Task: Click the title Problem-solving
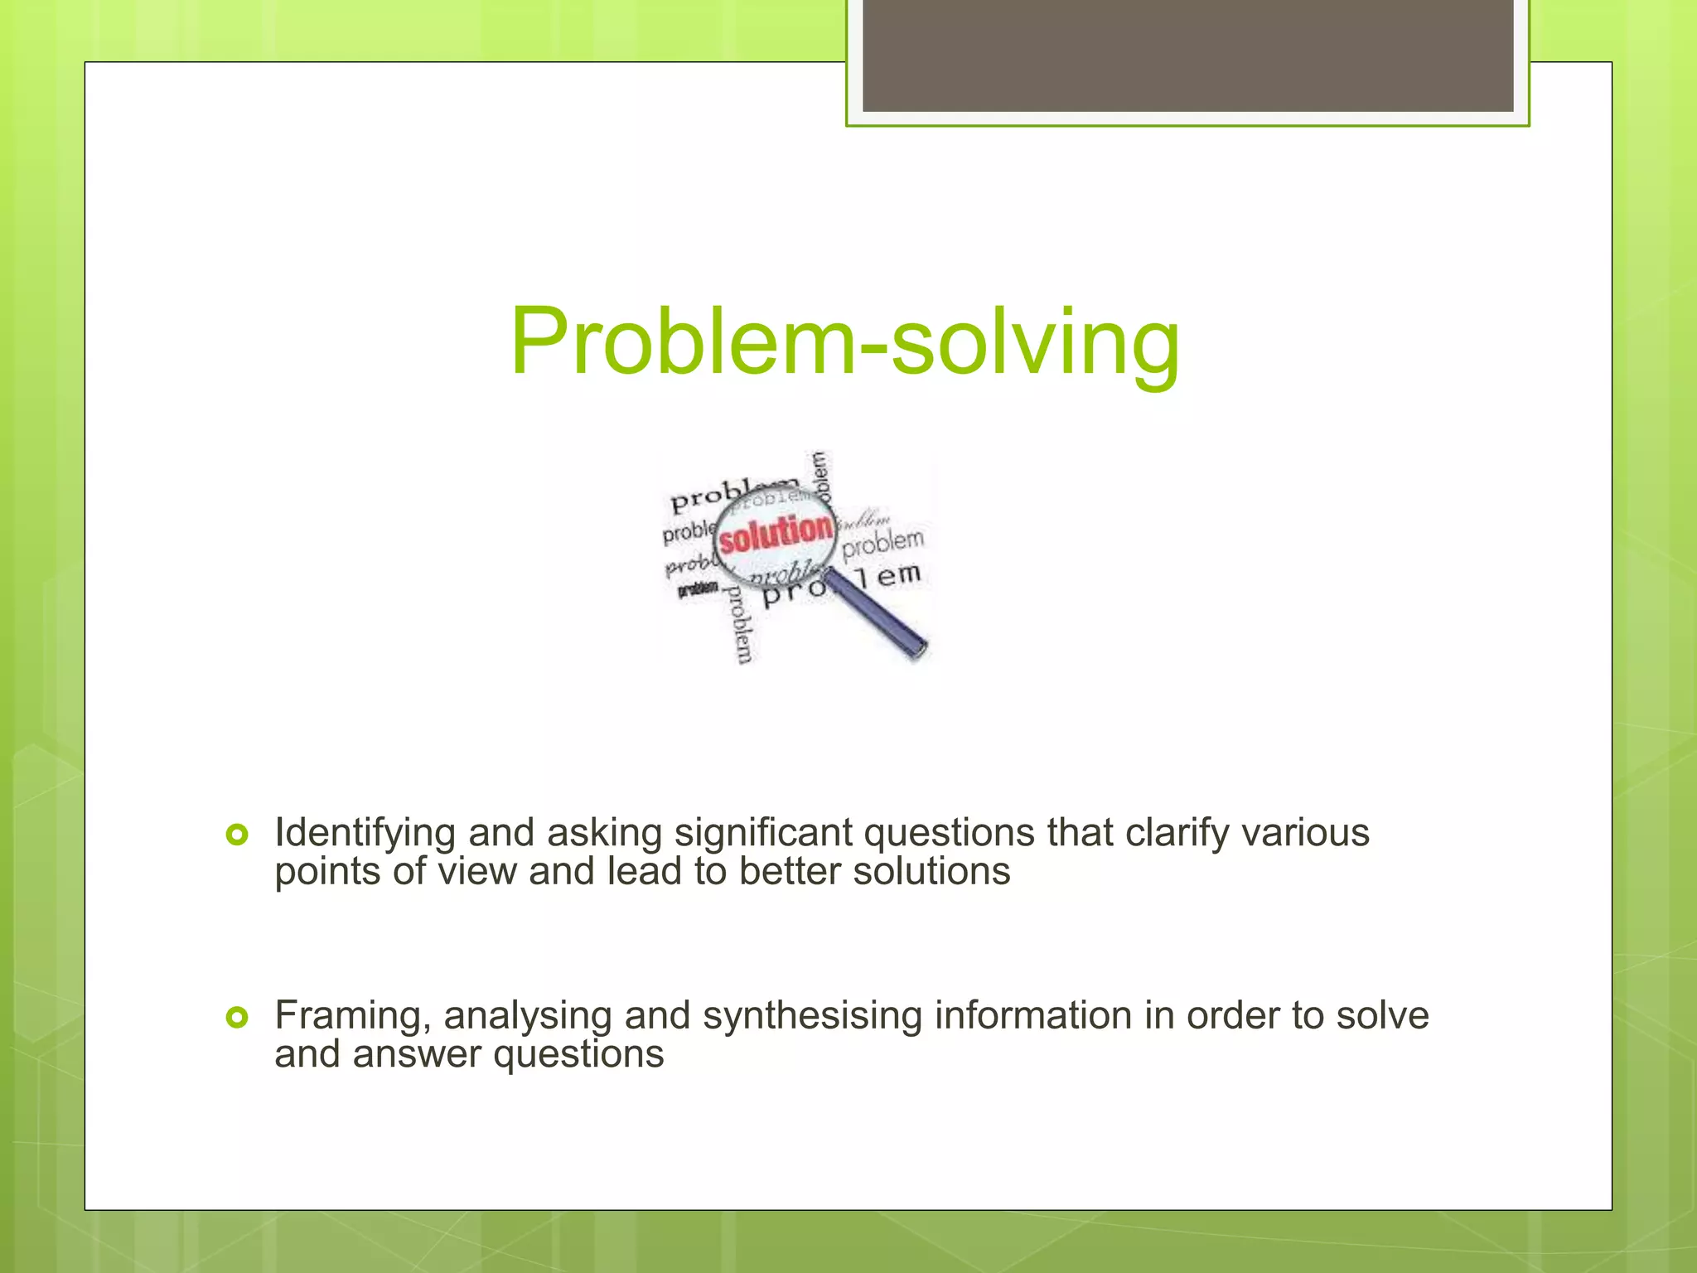tap(845, 341)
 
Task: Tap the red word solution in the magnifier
tap(776, 532)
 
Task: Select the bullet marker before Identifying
tap(237, 835)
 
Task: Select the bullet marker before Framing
tap(237, 1017)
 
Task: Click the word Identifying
tap(365, 833)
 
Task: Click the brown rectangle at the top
tap(1187, 55)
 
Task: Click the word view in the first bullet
tap(476, 872)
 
